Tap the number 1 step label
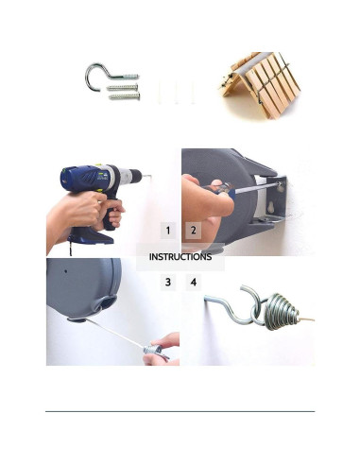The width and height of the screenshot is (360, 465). pyautogui.click(x=168, y=231)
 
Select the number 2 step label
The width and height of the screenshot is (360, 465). pyautogui.click(x=194, y=231)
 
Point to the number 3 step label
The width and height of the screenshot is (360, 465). pyautogui.click(x=168, y=282)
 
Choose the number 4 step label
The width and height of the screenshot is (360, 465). pyautogui.click(x=194, y=282)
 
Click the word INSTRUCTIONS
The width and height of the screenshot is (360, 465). pyautogui.click(x=180, y=257)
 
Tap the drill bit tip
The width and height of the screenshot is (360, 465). pyautogui.click(x=150, y=176)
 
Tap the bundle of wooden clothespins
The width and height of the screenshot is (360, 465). pyautogui.click(x=260, y=85)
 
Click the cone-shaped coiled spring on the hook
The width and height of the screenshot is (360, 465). pyautogui.click(x=281, y=311)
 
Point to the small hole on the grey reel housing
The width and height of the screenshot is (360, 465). pyautogui.click(x=66, y=271)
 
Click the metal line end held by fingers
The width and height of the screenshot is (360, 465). pyautogui.click(x=154, y=350)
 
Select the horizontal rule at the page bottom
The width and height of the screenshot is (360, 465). pyautogui.click(x=180, y=411)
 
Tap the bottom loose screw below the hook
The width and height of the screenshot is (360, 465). pyautogui.click(x=124, y=96)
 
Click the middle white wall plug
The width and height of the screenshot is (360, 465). pyautogui.click(x=176, y=93)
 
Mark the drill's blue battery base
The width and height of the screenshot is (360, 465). pyautogui.click(x=92, y=237)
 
